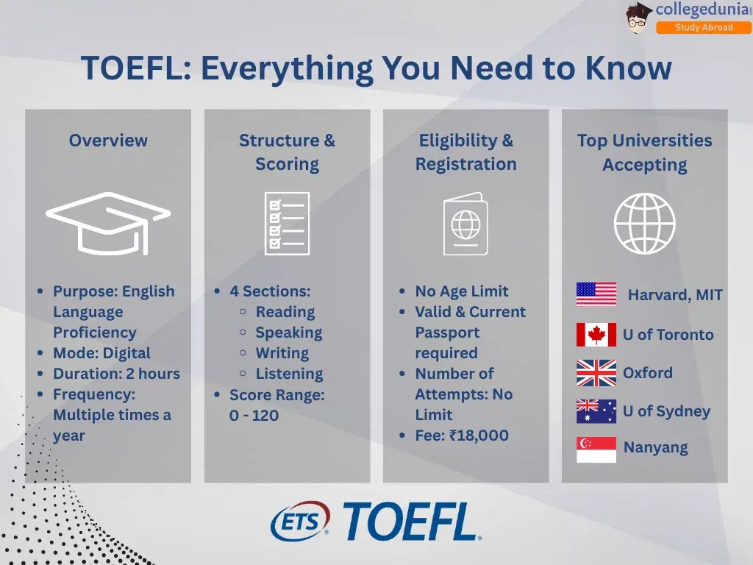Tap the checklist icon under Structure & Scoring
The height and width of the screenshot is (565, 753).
pyautogui.click(x=288, y=224)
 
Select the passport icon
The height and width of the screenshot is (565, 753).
pyautogui.click(x=465, y=224)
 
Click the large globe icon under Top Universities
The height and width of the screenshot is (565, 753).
pyautogui.click(x=644, y=224)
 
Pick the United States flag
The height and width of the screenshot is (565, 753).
pyautogui.click(x=596, y=294)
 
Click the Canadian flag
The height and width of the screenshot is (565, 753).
pyautogui.click(x=596, y=335)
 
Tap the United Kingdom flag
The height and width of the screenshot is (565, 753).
pyautogui.click(x=596, y=373)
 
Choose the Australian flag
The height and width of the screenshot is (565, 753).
pyautogui.click(x=596, y=411)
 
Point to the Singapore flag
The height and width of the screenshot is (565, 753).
pyautogui.click(x=596, y=449)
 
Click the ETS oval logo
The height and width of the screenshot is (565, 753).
pyautogui.click(x=300, y=522)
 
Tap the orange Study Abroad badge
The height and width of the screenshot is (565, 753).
pyautogui.click(x=704, y=27)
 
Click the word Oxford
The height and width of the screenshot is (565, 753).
pyautogui.click(x=647, y=373)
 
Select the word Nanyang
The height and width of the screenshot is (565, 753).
pyautogui.click(x=655, y=448)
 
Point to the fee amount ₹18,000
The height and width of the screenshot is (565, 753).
pyautogui.click(x=479, y=436)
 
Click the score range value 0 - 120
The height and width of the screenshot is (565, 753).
pyautogui.click(x=254, y=415)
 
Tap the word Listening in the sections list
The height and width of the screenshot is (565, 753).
pyautogui.click(x=289, y=374)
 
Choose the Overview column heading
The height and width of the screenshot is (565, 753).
pyautogui.click(x=108, y=141)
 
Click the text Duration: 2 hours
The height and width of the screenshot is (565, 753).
pyautogui.click(x=117, y=374)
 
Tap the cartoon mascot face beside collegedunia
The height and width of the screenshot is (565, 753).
pyautogui.click(x=639, y=19)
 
